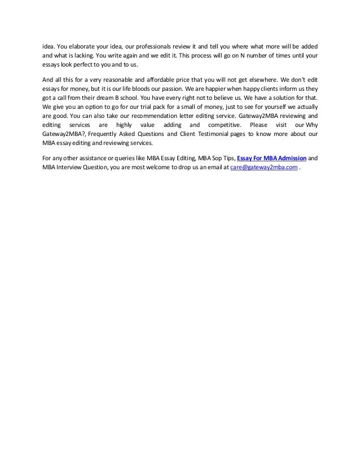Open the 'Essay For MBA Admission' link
[272, 159]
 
